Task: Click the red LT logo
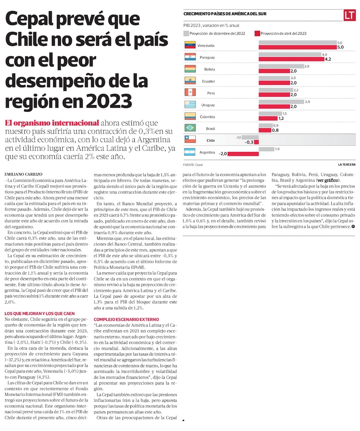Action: coord(349,15)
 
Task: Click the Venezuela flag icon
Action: coord(189,45)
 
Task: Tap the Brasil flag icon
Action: coord(189,128)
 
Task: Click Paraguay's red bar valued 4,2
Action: coord(291,59)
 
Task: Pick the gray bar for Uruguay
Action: coord(281,102)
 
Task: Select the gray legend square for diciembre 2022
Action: coord(186,34)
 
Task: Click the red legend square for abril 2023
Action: coord(257,34)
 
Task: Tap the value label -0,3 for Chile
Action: coord(249,142)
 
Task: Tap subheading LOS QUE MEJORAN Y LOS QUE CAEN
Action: coord(40,314)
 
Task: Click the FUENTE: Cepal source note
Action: coord(193,164)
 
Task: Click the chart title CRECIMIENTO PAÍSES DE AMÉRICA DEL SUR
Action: coord(225,14)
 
